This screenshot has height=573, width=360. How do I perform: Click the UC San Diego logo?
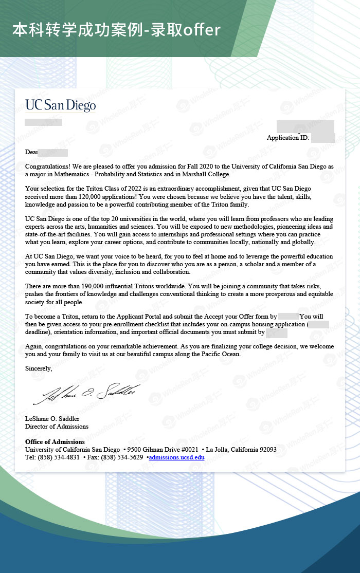coord(61,105)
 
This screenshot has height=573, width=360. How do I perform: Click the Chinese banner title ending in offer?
coord(116,30)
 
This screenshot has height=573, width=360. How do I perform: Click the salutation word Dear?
coord(31,152)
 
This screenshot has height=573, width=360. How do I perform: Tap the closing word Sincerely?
coord(39,368)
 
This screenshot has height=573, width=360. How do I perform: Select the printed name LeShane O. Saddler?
coord(53,419)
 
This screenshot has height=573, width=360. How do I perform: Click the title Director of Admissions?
coord(57,427)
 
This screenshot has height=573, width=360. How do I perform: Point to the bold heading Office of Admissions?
coord(55,442)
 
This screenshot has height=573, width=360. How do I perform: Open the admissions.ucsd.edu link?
coord(176,457)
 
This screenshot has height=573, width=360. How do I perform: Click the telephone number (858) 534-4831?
coord(59,457)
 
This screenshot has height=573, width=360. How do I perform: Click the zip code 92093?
coord(268,450)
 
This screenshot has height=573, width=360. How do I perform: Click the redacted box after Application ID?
coord(323,138)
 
